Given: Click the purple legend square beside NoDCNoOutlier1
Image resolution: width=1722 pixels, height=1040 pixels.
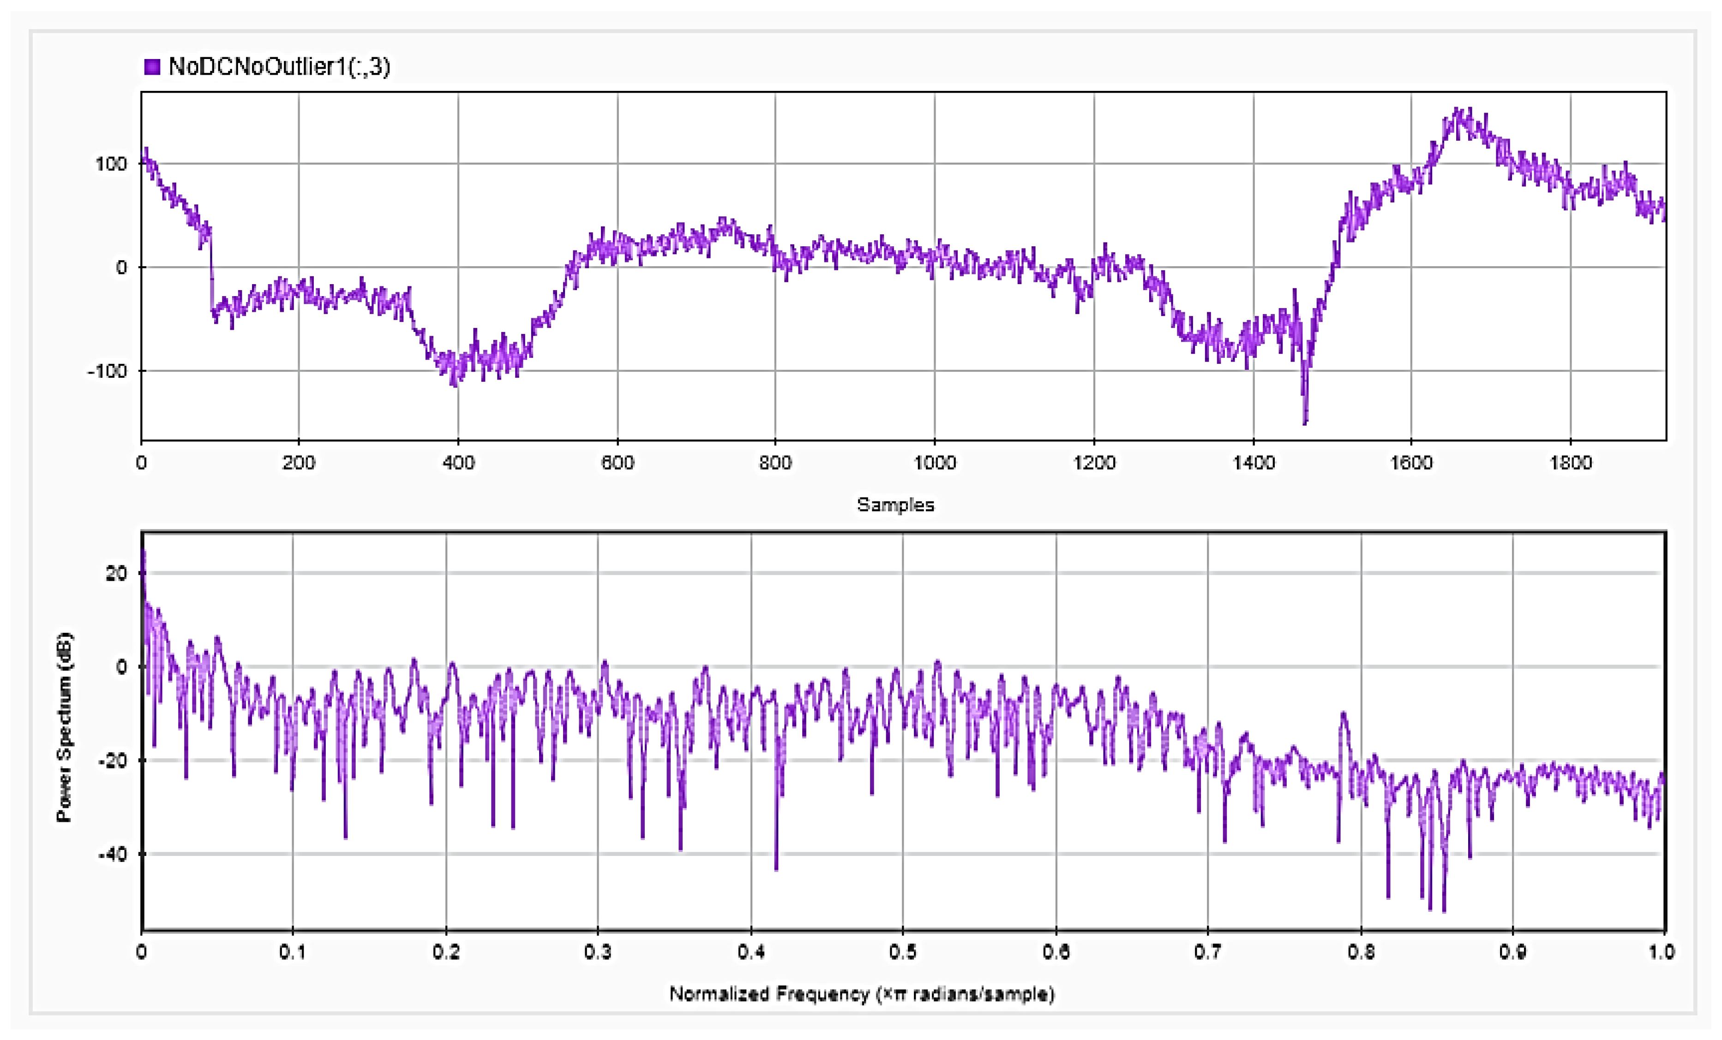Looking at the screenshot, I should click(152, 67).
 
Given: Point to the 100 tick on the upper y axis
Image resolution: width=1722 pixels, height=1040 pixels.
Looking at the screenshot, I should click(110, 164).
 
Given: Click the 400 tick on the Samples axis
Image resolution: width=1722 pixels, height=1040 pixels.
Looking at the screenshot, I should click(458, 463).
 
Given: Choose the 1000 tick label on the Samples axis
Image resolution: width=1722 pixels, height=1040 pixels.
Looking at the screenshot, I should click(934, 463).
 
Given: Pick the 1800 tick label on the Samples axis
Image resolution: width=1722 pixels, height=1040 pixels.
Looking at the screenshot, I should click(1570, 463).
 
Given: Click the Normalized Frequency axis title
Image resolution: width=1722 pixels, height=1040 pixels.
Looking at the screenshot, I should click(862, 994).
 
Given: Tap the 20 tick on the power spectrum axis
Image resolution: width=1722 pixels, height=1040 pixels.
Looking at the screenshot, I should click(116, 573).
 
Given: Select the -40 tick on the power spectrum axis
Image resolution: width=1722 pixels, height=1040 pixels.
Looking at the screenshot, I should click(112, 854).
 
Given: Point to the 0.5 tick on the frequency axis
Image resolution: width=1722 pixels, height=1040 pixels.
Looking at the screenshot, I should click(902, 952).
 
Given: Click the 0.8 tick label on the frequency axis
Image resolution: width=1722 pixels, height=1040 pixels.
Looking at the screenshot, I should click(1361, 952).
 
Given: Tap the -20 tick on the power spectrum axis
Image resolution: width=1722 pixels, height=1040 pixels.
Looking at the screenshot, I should click(112, 761).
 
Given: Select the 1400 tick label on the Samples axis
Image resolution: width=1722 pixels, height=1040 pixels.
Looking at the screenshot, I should click(1253, 463).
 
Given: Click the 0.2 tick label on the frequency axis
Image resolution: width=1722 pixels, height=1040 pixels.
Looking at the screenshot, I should click(446, 952).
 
